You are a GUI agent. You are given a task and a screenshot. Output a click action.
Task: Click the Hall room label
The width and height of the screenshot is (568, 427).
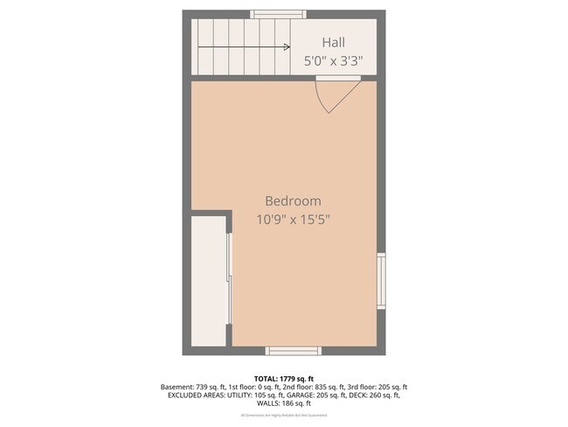point(333,42)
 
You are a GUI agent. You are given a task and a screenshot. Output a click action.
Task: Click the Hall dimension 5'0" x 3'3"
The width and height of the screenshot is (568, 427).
point(333,61)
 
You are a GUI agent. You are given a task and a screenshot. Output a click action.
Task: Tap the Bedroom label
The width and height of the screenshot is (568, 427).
point(293,200)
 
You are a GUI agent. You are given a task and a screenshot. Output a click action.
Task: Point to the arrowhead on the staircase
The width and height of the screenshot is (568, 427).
point(287,47)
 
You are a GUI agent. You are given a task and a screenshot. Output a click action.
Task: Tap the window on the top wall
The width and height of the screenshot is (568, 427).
point(279,14)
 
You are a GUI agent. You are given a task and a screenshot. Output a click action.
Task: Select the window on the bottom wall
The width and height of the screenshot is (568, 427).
point(293,351)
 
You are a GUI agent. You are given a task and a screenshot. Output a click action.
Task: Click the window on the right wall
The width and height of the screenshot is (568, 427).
point(381,281)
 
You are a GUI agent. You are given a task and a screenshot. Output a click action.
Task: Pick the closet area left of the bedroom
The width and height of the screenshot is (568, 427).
point(208,280)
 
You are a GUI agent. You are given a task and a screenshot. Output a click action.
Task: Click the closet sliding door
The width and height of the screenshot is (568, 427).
point(229,280)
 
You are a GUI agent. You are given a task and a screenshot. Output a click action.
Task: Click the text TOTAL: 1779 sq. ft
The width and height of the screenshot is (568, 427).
point(283,378)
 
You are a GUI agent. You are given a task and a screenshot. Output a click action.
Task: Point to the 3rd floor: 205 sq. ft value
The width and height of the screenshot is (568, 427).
point(378,387)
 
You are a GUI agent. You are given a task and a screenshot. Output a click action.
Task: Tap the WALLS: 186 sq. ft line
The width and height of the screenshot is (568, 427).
point(283,404)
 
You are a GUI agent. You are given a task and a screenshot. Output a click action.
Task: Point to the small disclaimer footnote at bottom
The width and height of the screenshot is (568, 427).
point(283,415)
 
